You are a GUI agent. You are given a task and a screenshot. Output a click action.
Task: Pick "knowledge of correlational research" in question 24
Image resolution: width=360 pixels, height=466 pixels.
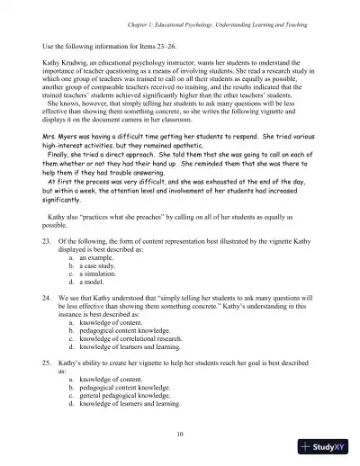click(133, 337)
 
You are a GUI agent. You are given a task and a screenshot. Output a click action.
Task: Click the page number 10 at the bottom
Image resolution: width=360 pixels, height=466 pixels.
click(181, 433)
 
